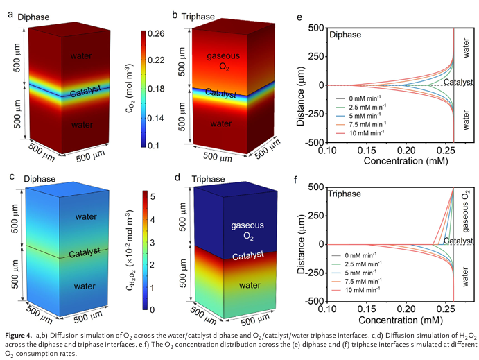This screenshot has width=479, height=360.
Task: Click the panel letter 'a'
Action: [x=10, y=15]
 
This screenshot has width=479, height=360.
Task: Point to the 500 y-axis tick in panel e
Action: [x=317, y=28]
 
